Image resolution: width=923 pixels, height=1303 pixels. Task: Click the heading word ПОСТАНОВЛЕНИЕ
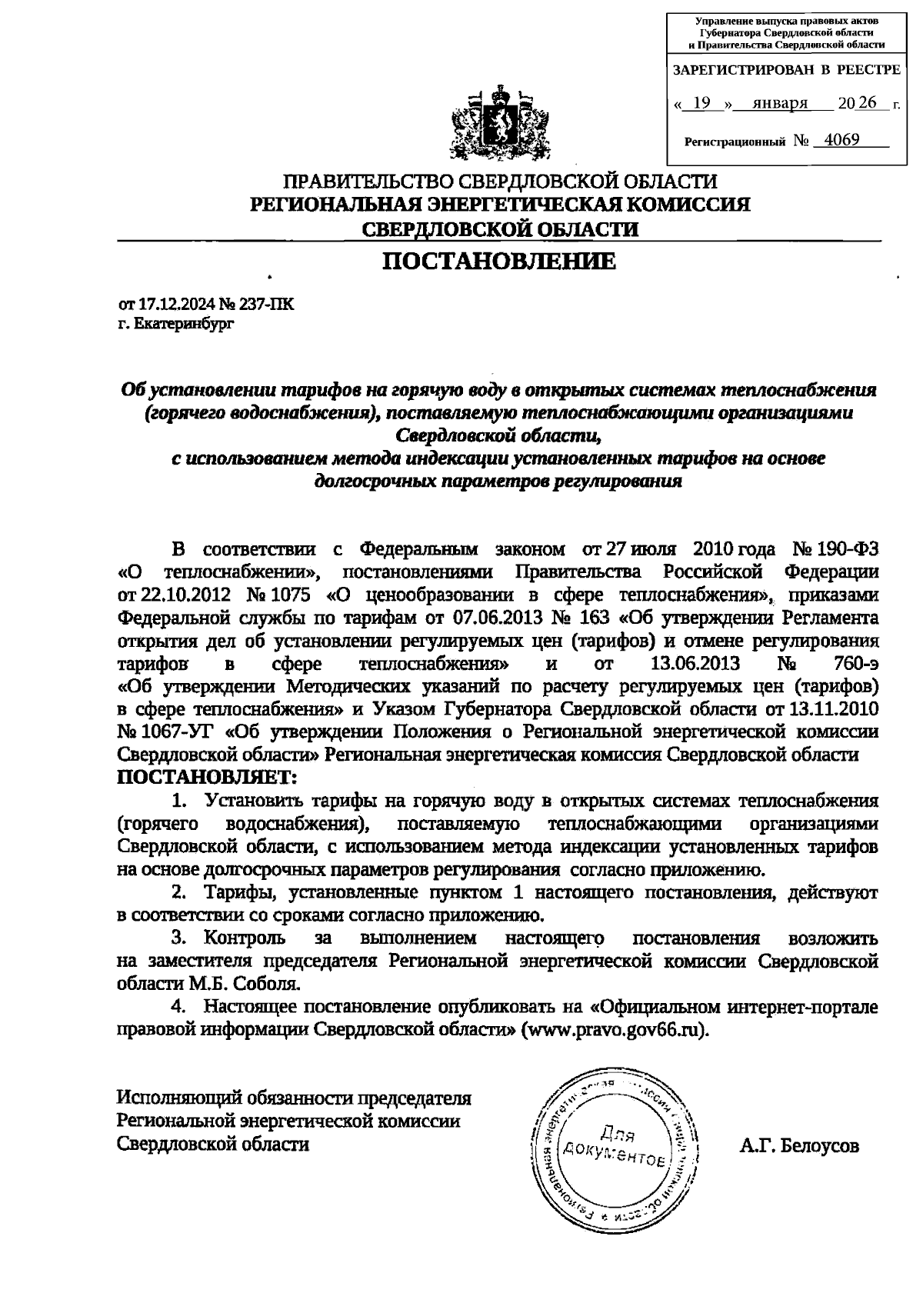(500, 262)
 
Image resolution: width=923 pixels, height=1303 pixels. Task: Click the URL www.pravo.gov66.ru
(614, 1029)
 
